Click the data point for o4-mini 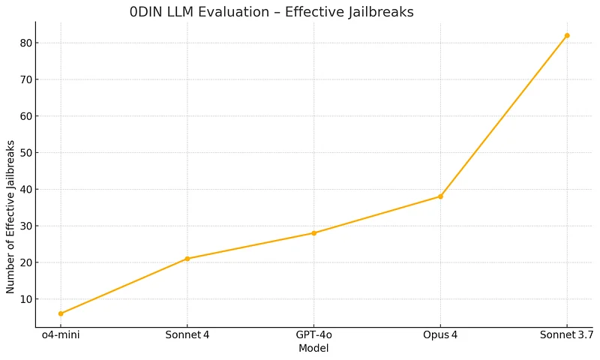(x=61, y=313)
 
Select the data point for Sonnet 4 (x=187, y=259)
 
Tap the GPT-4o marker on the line (x=313, y=233)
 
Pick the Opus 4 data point (x=440, y=196)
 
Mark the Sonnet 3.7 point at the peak (x=567, y=35)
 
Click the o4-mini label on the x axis (x=61, y=335)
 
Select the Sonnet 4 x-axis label (x=187, y=335)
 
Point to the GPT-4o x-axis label (x=313, y=335)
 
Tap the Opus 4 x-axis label (x=440, y=335)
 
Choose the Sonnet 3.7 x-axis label (x=566, y=335)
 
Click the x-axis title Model (x=313, y=348)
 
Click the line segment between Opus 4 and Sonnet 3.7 (x=504, y=116)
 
